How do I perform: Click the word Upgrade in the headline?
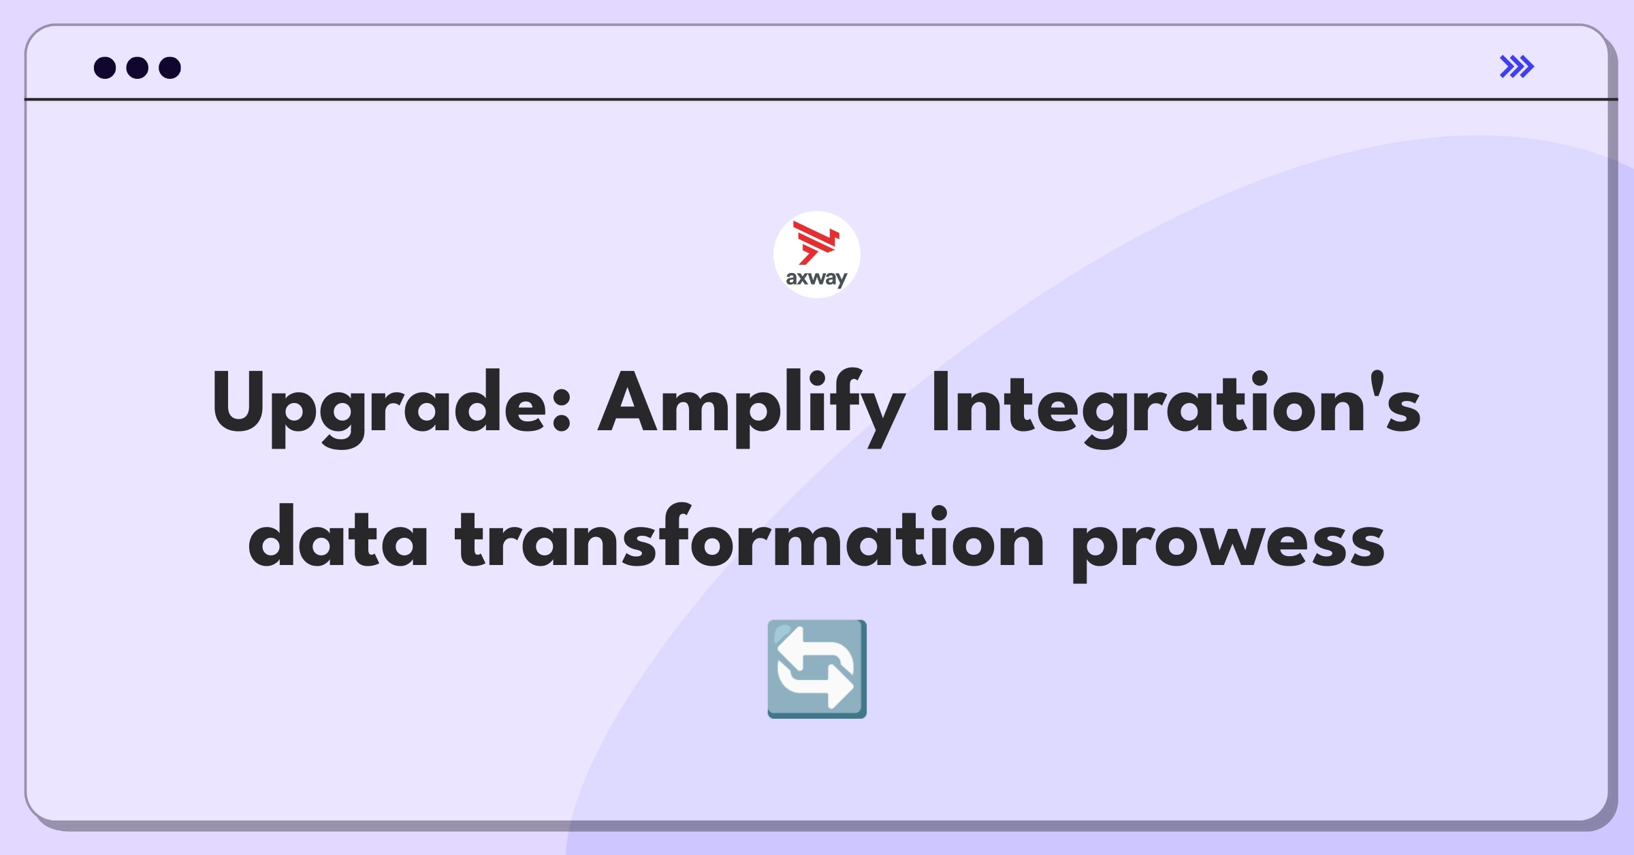pos(381,405)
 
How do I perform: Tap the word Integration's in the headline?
pos(1175,405)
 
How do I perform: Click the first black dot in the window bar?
pos(105,67)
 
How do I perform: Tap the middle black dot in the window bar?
pos(138,67)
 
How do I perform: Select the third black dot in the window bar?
pos(170,67)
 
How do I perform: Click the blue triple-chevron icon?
pos(1517,67)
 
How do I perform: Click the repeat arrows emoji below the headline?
pos(817,668)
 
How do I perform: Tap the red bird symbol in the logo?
pos(816,242)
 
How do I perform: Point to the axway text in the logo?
pos(816,278)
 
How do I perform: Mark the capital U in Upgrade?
pos(238,402)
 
